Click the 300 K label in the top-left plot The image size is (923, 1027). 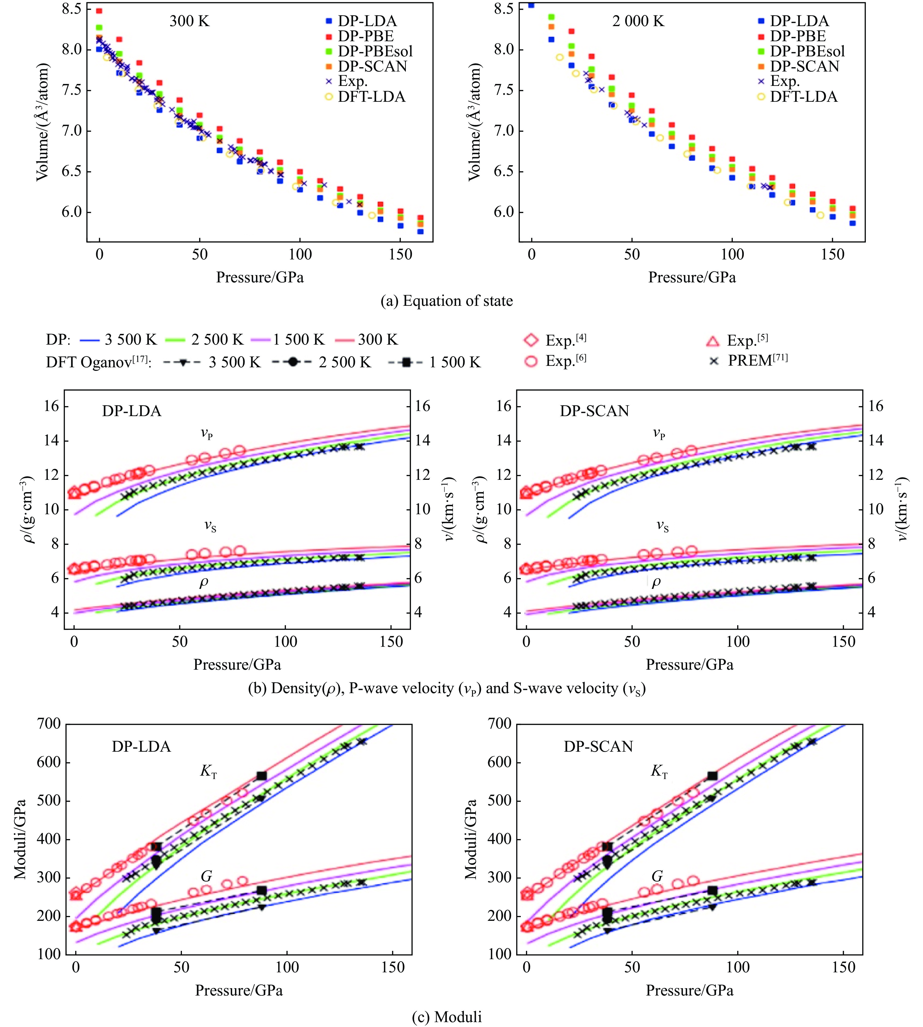tap(189, 21)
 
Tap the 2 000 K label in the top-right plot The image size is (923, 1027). tap(638, 21)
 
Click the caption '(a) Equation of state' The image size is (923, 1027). tap(446, 301)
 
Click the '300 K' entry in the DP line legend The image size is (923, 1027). tap(378, 340)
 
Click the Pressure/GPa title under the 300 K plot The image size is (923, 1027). tap(260, 277)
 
